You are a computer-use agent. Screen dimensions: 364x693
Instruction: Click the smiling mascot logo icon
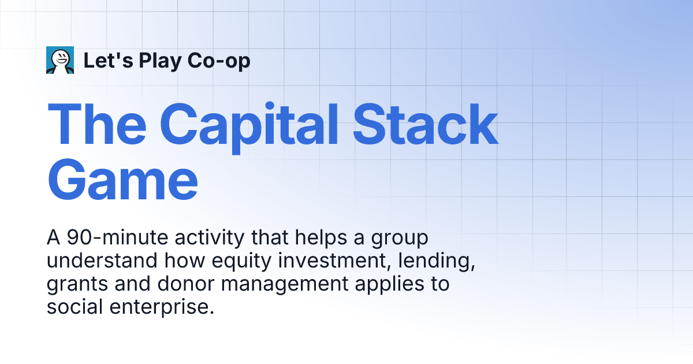tap(60, 60)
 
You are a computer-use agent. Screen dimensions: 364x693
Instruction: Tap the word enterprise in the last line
tap(162, 307)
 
